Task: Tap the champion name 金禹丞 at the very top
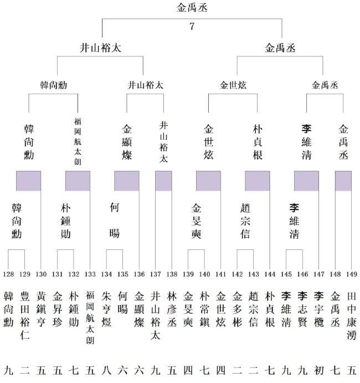pos(192,8)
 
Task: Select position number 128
pos(9,274)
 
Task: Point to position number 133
pos(90,274)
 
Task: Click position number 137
pos(155,274)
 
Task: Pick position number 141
pos(220,274)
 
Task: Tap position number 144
pos(270,274)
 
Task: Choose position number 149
pos(351,274)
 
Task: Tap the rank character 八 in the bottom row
pos(106,369)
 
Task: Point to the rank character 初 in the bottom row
pos(318,369)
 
